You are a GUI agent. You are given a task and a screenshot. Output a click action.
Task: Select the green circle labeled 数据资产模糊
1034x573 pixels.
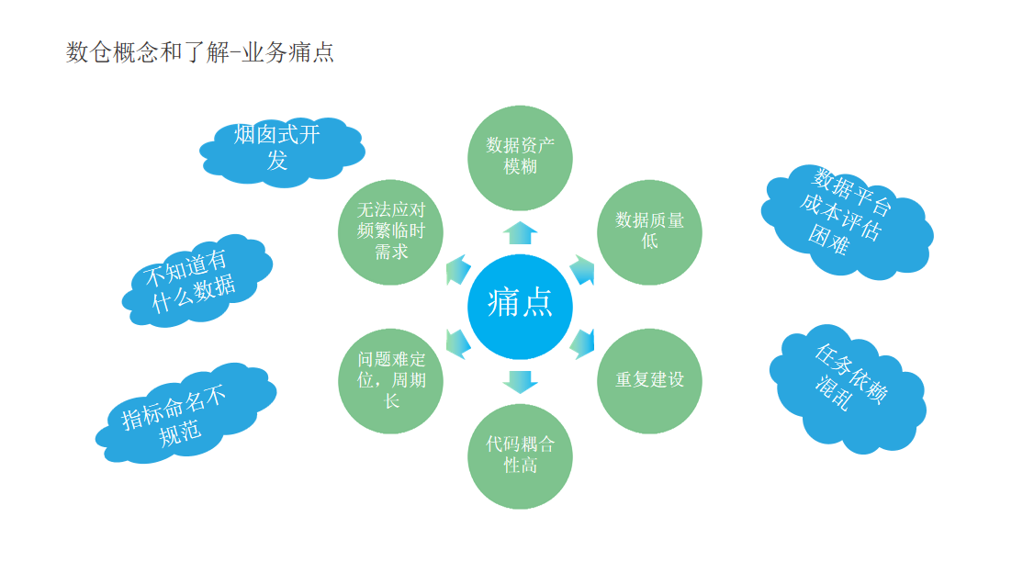[x=520, y=156]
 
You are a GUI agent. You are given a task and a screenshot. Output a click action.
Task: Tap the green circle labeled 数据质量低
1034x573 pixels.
[x=649, y=231]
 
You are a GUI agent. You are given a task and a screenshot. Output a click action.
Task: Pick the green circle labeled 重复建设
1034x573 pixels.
[x=649, y=380]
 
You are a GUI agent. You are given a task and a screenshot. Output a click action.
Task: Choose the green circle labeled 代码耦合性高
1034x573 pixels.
[x=520, y=455]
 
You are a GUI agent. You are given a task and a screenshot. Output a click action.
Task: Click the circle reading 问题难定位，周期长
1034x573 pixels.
[x=391, y=380]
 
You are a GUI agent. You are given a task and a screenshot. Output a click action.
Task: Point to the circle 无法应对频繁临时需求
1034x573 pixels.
[x=391, y=231]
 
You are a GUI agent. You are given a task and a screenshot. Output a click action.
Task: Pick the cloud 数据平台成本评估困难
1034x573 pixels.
[x=841, y=220]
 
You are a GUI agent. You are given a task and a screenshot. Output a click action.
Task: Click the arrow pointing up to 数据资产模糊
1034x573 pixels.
[x=520, y=231]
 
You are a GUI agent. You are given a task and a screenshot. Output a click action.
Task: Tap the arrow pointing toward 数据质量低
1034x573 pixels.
[x=583, y=270]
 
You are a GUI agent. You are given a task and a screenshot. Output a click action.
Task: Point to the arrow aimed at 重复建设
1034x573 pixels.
[x=583, y=343]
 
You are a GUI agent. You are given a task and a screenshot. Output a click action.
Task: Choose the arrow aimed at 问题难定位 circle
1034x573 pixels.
[x=457, y=343]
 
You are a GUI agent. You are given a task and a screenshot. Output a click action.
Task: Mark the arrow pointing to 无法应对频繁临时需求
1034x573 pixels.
[x=457, y=270]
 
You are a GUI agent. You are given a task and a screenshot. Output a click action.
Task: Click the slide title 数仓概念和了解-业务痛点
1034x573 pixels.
[x=200, y=52]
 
